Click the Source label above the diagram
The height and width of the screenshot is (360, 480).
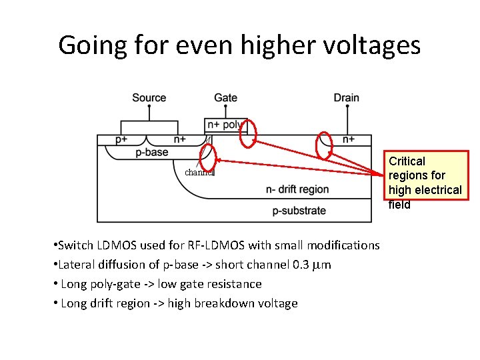[149, 98]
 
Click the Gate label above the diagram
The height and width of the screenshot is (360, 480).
[225, 98]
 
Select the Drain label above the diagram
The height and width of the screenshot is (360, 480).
[346, 98]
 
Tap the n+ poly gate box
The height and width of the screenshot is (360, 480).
[225, 125]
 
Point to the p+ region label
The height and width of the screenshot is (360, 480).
[121, 139]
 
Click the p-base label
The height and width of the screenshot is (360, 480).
[152, 152]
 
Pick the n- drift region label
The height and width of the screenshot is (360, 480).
[297, 189]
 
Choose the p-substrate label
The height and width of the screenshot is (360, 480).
[299, 211]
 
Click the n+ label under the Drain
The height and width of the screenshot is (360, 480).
[349, 139]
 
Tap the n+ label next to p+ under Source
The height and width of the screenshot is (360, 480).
[180, 139]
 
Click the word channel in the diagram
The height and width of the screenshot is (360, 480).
[199, 172]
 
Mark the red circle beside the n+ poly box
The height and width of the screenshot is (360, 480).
[248, 134]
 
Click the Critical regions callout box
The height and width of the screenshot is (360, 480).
[425, 176]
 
